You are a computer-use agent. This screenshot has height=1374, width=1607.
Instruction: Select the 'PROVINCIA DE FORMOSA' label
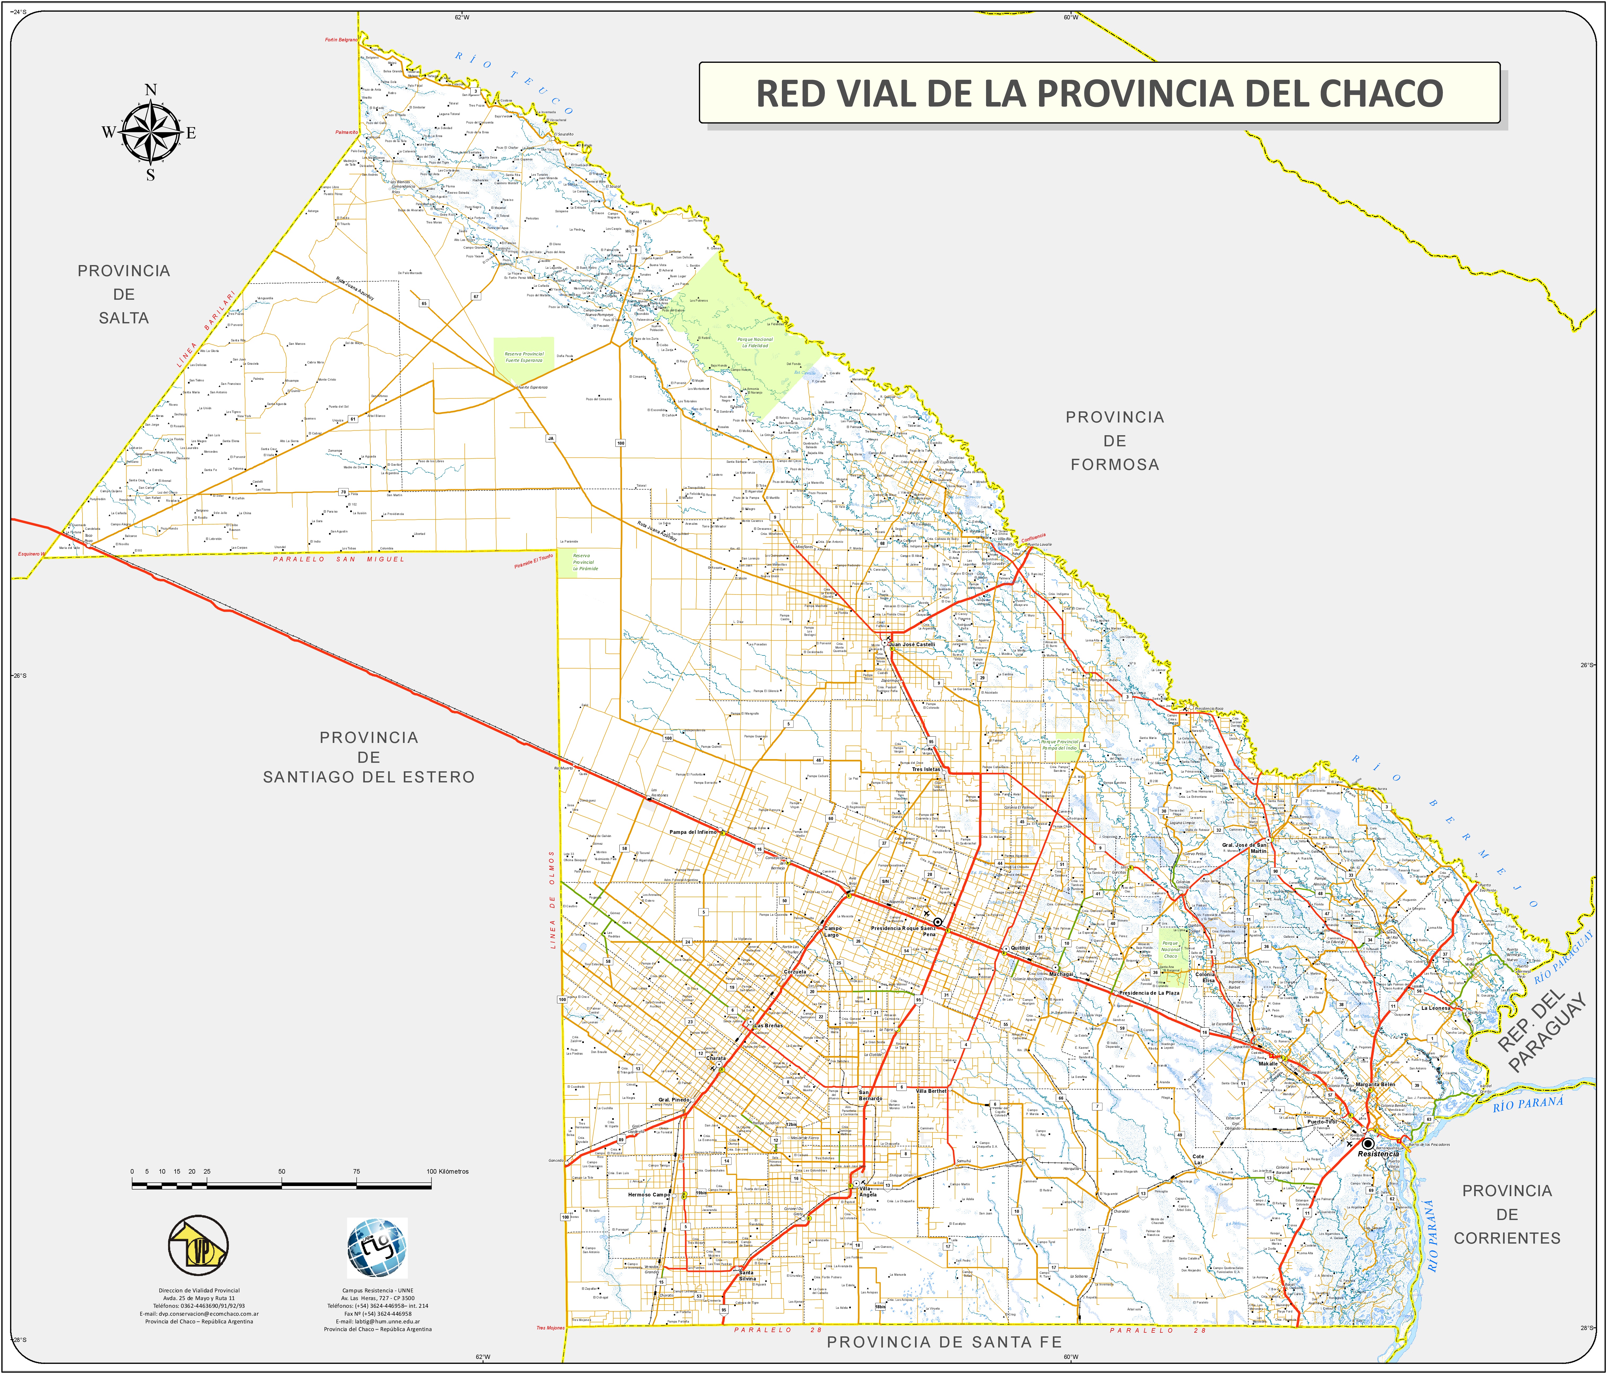pos(1115,441)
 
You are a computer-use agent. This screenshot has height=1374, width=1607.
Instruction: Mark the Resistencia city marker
pos(1367,1144)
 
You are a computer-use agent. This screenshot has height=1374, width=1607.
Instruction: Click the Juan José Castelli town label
pos(912,644)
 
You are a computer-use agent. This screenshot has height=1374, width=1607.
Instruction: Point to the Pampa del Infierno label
pos(693,832)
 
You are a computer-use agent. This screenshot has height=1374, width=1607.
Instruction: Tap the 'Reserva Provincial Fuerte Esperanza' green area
pos(524,357)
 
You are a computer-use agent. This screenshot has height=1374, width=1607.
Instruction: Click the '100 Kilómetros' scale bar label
pos(448,1172)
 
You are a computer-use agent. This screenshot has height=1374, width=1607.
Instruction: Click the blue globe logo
pos(377,1248)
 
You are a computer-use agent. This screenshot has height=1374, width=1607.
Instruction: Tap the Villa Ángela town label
pos(868,1192)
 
